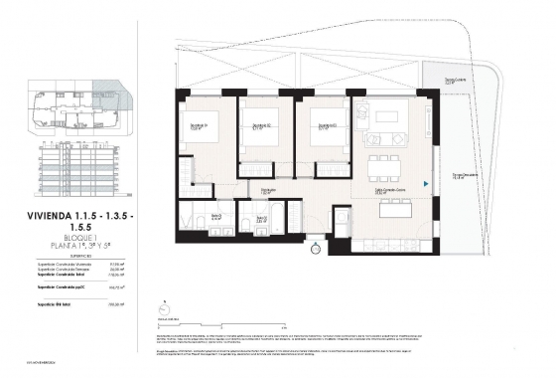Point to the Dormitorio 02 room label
coord(261,125)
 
